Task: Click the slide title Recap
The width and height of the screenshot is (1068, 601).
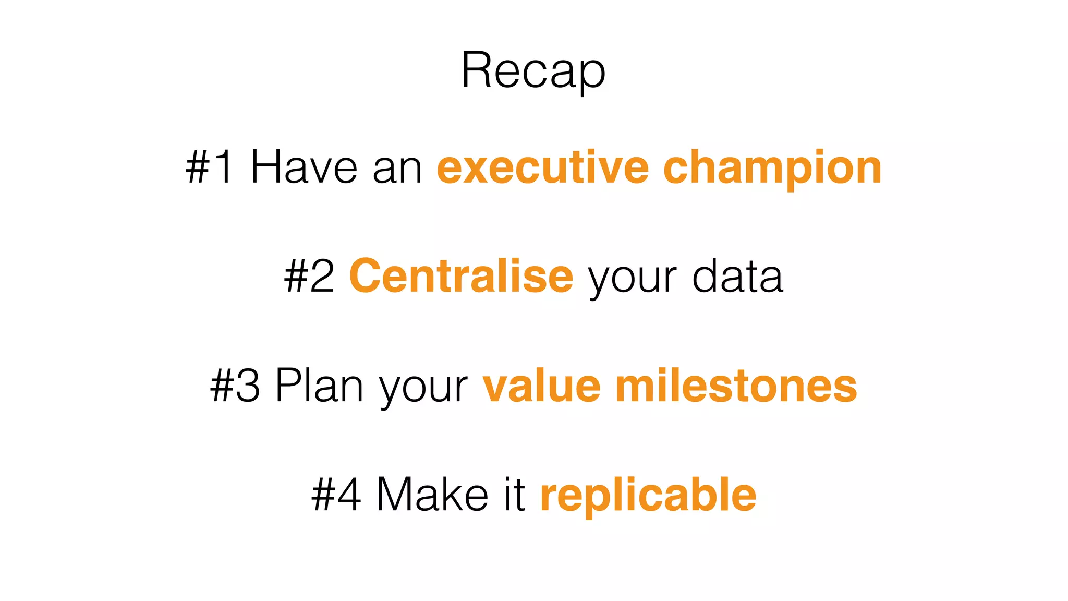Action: (533, 70)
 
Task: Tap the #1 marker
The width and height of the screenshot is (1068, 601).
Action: (210, 167)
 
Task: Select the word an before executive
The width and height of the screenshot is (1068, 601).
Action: (397, 168)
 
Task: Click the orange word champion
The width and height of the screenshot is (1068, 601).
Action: (772, 168)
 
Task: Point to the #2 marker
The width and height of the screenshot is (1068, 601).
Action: (309, 277)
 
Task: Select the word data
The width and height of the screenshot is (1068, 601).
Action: (737, 277)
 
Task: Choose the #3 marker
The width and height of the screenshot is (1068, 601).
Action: (235, 386)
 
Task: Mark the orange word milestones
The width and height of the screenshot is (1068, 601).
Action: (736, 386)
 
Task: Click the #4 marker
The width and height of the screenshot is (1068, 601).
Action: (336, 495)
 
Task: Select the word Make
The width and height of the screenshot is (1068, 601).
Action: (432, 495)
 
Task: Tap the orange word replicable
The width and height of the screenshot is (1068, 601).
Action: (648, 496)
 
